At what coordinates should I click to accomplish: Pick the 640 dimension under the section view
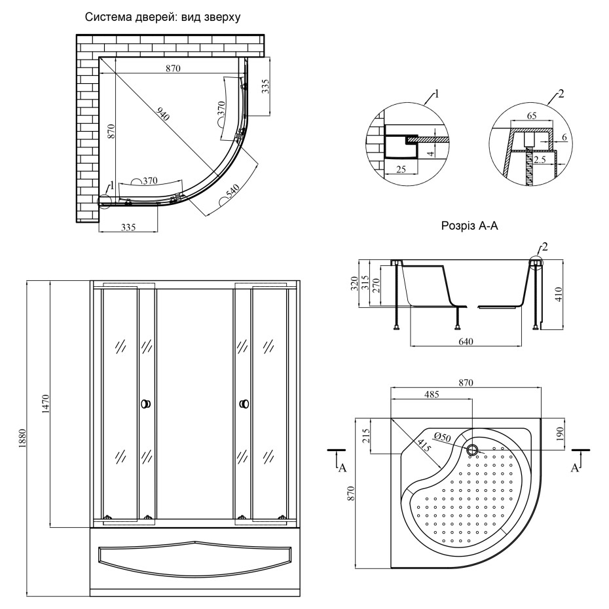pos(466,341)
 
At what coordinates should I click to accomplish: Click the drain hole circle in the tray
pos(472,450)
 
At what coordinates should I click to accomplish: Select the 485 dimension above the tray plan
pos(431,394)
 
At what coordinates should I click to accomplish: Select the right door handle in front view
pos(244,404)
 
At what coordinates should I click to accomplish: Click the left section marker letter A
pos(341,468)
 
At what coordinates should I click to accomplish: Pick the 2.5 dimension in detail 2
pos(540,159)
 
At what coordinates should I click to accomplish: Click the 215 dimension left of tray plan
pos(367,434)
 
